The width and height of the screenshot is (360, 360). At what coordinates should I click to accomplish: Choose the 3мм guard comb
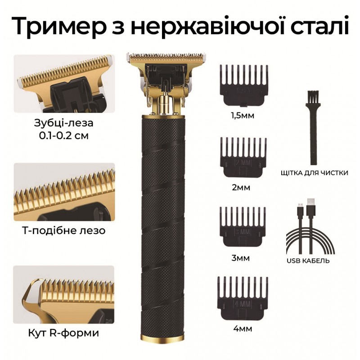243,227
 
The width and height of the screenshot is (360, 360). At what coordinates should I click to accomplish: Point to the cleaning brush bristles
312,96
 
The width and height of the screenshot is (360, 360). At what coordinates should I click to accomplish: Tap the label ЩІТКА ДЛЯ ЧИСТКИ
315,173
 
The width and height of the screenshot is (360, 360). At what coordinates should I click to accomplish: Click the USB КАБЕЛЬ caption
308,261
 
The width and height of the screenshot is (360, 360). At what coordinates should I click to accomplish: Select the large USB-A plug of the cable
311,206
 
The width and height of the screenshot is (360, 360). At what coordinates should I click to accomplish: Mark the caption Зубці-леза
64,123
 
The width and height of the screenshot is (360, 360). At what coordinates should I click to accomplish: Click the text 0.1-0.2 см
64,136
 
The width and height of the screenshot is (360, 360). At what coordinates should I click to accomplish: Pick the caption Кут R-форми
64,333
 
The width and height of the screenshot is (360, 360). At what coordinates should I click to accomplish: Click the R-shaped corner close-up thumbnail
63,295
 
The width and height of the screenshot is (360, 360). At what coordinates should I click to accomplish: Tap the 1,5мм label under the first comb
243,116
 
